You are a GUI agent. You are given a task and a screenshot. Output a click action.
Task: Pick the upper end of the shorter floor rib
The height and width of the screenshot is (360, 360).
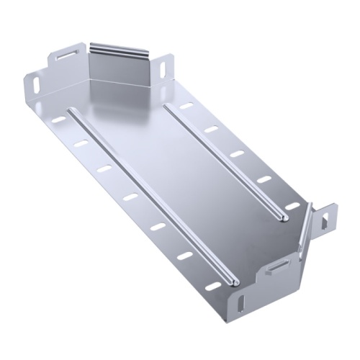[x=167, y=107]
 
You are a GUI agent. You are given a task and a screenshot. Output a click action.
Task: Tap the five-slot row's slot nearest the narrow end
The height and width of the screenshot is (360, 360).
[x=186, y=106]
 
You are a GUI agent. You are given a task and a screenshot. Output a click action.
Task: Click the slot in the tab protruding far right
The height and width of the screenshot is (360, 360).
[x=330, y=215]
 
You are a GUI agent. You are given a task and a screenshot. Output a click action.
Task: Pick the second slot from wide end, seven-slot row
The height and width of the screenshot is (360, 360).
[x=183, y=256]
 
